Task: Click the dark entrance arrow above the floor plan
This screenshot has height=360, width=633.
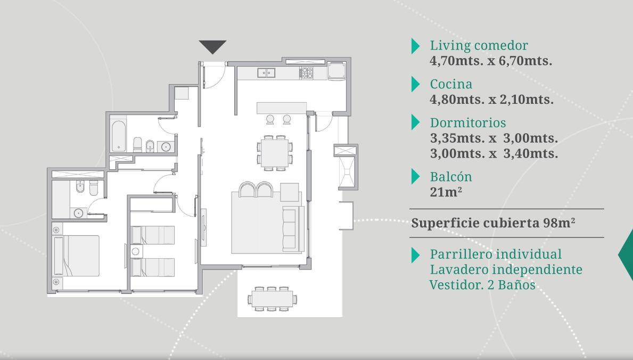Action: pos(212,46)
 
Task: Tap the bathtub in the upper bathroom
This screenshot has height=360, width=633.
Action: pos(118,135)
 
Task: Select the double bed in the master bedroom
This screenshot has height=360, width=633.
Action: pos(76,256)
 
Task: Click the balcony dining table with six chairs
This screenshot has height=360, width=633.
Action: pos(272,299)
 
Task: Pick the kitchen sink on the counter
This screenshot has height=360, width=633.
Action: pos(266,73)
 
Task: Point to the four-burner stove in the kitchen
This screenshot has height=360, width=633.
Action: pos(306,73)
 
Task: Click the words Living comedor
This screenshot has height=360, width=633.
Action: pos(479,45)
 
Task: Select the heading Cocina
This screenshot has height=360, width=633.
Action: pos(451,84)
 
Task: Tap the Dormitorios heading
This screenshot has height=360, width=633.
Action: pos(468,123)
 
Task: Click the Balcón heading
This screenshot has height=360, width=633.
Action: pos(451,177)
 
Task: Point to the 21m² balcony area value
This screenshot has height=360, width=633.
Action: pos(446,192)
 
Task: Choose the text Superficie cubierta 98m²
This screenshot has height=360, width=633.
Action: pos(493,223)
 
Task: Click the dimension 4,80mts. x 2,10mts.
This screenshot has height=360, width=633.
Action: pos(491,100)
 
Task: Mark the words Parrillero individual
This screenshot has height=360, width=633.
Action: pos(496,254)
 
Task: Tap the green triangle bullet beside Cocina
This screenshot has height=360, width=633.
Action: pos(415,84)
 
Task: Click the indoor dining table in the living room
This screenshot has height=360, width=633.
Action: pos(274,153)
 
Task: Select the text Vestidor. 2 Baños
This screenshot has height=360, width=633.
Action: pos(482,285)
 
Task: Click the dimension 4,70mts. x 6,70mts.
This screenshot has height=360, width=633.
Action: pos(491,61)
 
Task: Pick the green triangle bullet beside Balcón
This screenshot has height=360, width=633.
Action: pos(415,177)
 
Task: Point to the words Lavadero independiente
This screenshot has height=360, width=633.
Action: pos(506,269)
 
